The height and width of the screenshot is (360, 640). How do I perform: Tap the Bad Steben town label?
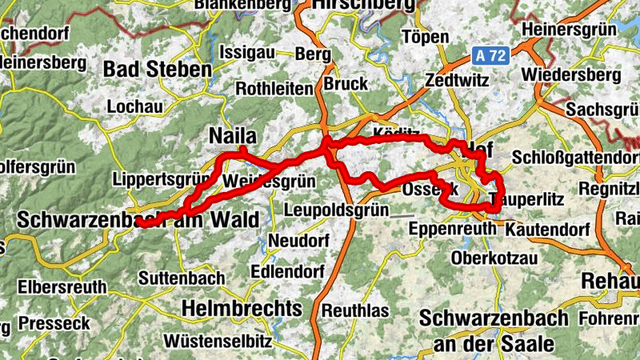(157, 69)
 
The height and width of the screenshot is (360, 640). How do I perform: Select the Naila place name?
(232, 136)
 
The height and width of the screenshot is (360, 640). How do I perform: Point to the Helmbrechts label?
(242, 308)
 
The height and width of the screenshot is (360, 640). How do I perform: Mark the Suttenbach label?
(182, 278)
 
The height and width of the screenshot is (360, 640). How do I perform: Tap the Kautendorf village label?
(548, 230)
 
